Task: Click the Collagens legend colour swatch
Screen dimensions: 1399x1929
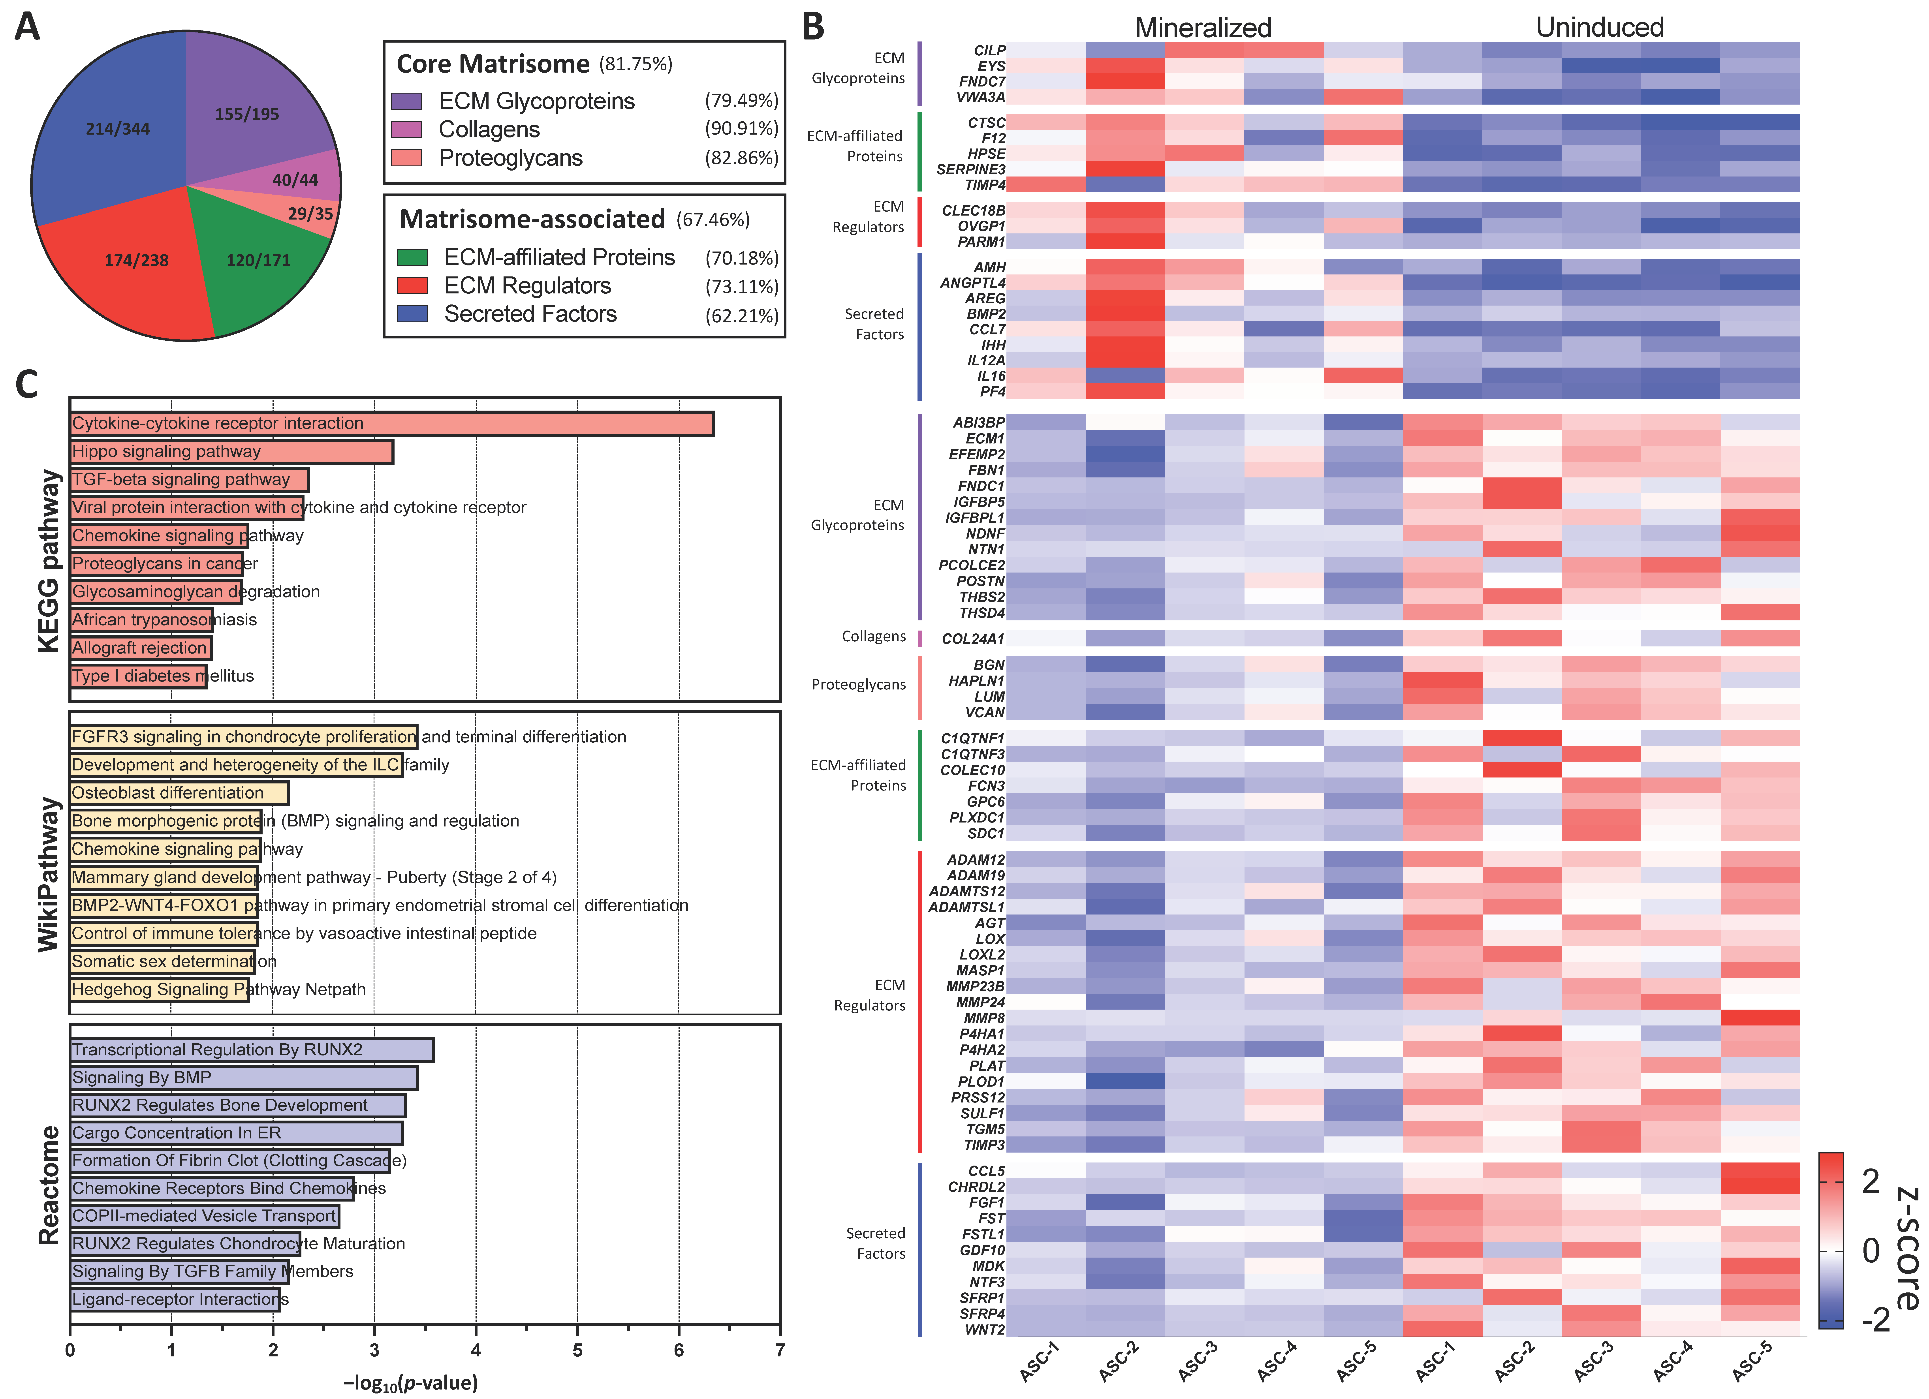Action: point(406,129)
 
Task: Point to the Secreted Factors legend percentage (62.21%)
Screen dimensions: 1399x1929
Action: point(742,315)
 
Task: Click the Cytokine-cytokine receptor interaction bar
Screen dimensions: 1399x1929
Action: point(391,423)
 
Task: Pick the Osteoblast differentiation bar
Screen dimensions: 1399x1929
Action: point(179,793)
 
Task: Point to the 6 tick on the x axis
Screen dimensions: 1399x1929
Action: point(679,1350)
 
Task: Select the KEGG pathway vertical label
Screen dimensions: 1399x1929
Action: point(49,561)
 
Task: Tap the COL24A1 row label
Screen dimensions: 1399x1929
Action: point(973,639)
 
